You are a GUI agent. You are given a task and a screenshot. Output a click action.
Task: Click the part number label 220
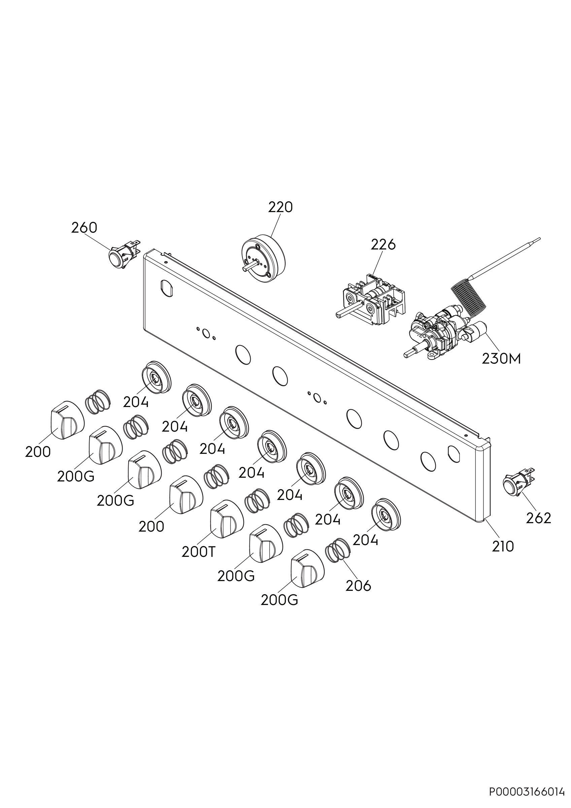(280, 207)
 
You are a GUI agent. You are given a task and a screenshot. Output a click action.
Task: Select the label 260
(84, 228)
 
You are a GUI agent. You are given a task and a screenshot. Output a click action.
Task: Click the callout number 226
(383, 244)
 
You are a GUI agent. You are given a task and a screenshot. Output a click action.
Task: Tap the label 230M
(501, 359)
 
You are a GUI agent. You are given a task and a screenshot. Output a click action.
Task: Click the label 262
(539, 518)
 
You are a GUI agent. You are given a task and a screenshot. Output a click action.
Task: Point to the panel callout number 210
(503, 546)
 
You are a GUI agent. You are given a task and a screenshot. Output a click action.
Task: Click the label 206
(359, 585)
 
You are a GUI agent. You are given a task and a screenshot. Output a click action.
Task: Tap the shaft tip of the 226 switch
(339, 315)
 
